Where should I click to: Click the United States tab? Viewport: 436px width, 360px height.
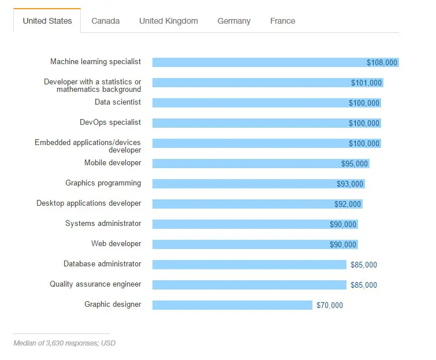tap(47, 21)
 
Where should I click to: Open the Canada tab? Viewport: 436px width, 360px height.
tap(106, 21)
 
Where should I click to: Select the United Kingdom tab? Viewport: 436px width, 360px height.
tap(169, 21)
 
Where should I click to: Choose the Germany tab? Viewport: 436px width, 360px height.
tap(234, 21)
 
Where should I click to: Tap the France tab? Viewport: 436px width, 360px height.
tap(282, 21)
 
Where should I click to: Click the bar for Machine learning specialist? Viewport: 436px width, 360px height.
tap(257, 62)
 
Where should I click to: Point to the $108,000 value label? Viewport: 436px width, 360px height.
tap(382, 62)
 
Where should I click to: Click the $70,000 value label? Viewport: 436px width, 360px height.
tap(330, 305)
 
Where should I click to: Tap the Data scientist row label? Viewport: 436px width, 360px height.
tap(118, 102)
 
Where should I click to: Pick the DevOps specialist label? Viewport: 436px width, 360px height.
tap(110, 123)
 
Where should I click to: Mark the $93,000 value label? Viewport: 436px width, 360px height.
tap(350, 184)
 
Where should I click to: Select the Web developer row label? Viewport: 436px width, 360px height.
tap(116, 244)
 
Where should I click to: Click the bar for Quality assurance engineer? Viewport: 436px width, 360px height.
tap(249, 285)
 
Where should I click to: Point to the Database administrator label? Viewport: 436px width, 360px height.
tap(102, 264)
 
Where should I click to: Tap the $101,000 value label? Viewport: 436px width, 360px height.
tap(367, 83)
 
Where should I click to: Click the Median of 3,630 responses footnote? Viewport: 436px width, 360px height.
tap(64, 343)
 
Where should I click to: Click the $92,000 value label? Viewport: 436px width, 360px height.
tap(348, 204)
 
